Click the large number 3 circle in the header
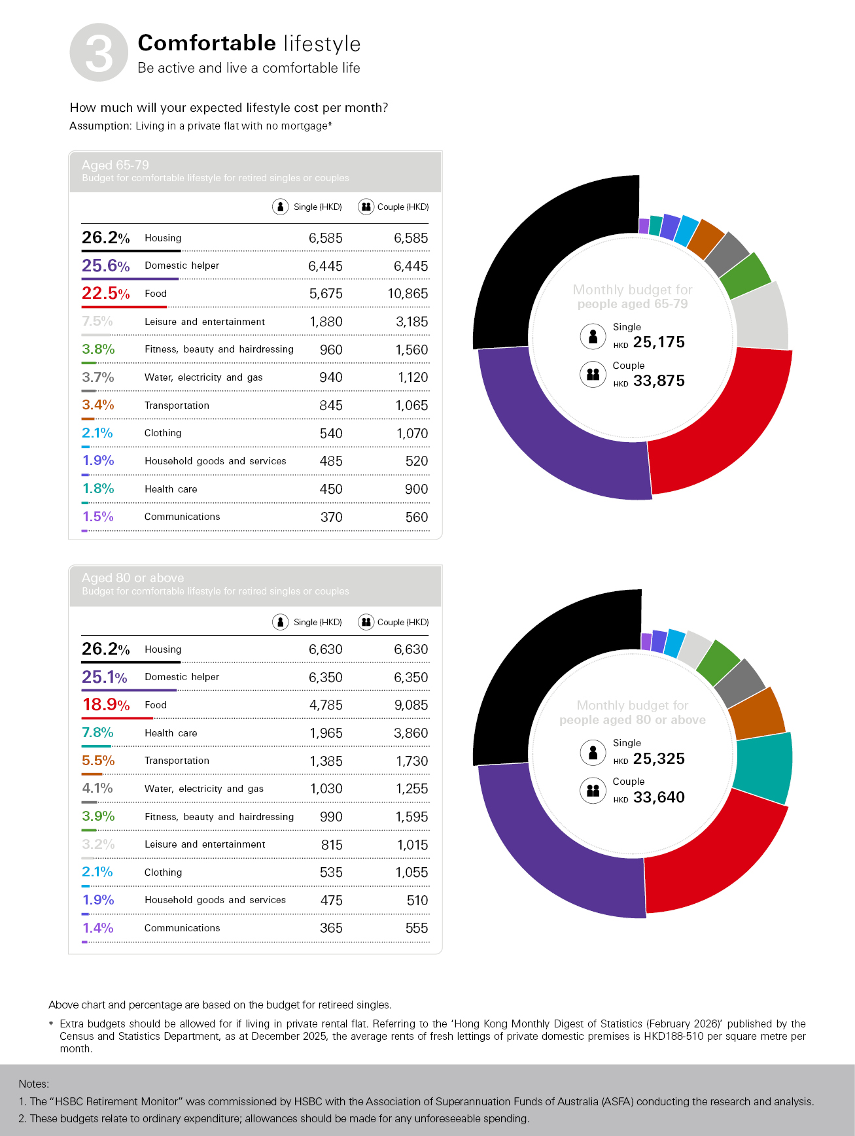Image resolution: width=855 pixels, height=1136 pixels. (99, 53)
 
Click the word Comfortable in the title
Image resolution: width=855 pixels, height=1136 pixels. (207, 43)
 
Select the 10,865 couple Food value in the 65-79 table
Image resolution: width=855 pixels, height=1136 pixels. (408, 294)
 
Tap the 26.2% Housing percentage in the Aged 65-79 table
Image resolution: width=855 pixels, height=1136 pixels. (105, 237)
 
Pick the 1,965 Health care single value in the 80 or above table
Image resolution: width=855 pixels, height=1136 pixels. (326, 733)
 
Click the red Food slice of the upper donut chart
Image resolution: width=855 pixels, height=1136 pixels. (726, 425)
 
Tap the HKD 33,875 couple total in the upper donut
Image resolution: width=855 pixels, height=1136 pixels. (658, 381)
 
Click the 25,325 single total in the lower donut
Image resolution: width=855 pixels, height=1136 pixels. (658, 759)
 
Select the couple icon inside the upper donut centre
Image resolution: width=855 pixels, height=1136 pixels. (593, 375)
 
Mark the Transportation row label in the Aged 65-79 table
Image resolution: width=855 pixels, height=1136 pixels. (177, 405)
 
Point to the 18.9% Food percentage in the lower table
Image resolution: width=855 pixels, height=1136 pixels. (105, 704)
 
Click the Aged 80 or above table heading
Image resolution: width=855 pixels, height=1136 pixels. (133, 577)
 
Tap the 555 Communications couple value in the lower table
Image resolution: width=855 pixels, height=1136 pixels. (416, 928)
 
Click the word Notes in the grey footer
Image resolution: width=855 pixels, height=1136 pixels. (33, 1084)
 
